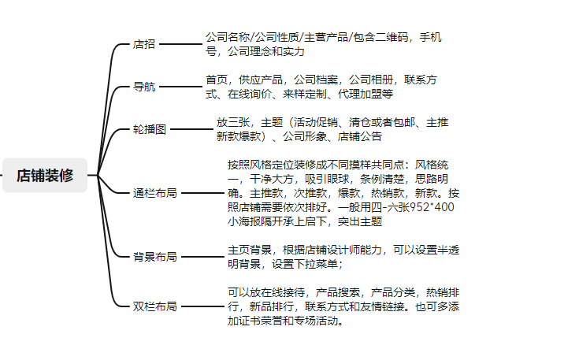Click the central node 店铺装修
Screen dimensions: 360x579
click(x=45, y=175)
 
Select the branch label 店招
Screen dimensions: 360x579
click(x=144, y=44)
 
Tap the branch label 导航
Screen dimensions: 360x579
click(x=144, y=87)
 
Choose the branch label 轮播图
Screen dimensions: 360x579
click(x=150, y=129)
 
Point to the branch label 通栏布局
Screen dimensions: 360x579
click(x=154, y=191)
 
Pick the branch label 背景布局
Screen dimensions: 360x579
click(x=154, y=257)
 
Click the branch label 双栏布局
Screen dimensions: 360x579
click(x=154, y=306)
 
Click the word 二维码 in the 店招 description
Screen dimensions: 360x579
click(x=393, y=38)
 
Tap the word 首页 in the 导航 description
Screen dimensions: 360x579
click(x=217, y=80)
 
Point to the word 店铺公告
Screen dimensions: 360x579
click(x=360, y=136)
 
